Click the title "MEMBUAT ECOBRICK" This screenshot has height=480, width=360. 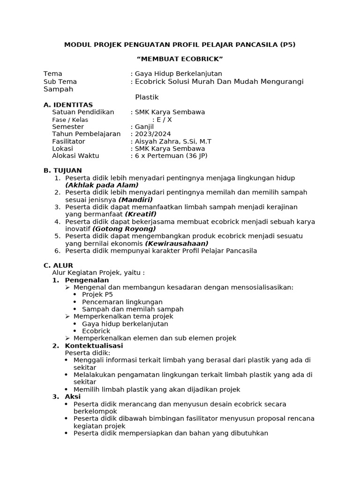click(x=180, y=59)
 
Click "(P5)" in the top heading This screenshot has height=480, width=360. click(x=287, y=45)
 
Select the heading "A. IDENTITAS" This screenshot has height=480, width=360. click(x=68, y=105)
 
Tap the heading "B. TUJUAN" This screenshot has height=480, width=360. click(x=62, y=170)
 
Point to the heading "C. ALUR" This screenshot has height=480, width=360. click(x=58, y=265)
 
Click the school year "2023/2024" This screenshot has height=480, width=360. click(x=153, y=134)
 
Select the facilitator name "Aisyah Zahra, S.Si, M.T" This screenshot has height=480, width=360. click(x=173, y=141)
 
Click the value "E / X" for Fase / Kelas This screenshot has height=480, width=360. click(x=164, y=120)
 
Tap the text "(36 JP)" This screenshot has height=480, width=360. click(x=196, y=156)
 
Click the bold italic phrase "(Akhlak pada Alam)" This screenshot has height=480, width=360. click(x=102, y=185)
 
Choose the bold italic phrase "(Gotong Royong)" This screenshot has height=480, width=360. click(x=124, y=229)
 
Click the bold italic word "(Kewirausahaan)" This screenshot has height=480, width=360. click(x=177, y=243)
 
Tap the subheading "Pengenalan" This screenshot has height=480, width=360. click(x=87, y=280)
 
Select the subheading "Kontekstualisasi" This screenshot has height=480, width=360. click(x=94, y=345)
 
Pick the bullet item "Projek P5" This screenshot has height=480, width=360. click(x=97, y=294)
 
